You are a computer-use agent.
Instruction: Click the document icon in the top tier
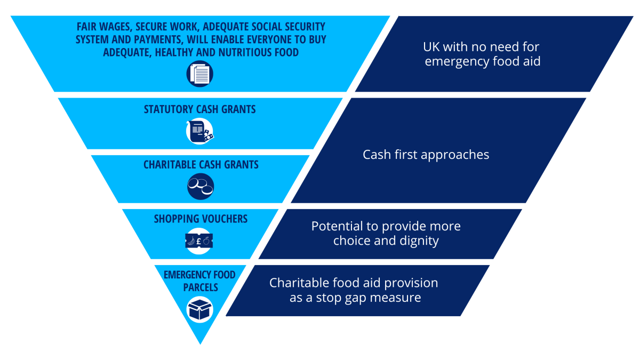[199, 74]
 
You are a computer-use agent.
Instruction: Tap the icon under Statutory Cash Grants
[199, 131]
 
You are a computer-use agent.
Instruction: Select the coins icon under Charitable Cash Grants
[199, 186]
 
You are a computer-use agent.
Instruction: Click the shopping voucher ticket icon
[199, 241]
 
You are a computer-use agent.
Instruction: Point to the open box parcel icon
[199, 309]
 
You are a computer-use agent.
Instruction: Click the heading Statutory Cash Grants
[199, 109]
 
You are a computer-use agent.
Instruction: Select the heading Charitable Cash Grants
[201, 165]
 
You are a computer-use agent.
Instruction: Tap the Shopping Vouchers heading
[201, 219]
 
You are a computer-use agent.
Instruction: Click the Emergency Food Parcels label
[199, 281]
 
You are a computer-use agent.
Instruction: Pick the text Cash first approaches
[426, 155]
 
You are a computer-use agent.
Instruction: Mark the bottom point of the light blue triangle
[200, 343]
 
